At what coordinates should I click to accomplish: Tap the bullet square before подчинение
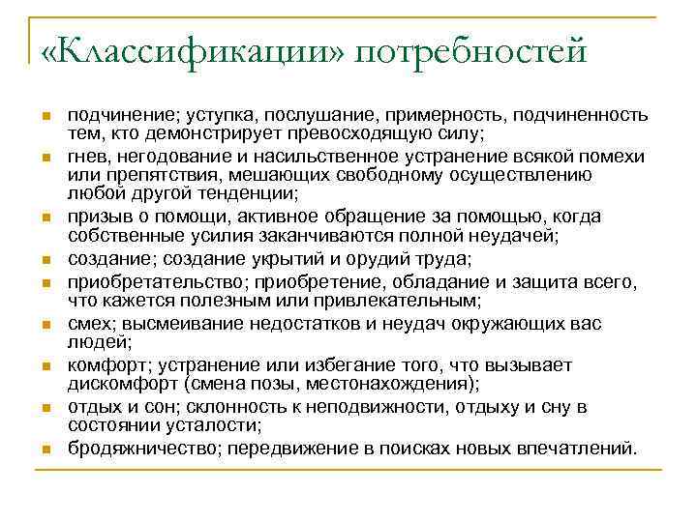[x=45, y=118]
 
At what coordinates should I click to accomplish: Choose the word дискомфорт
[x=117, y=384]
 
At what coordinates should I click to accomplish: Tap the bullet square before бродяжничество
[x=45, y=450]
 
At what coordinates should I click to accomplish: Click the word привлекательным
[x=383, y=301]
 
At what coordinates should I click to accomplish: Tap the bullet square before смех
[x=45, y=326]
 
